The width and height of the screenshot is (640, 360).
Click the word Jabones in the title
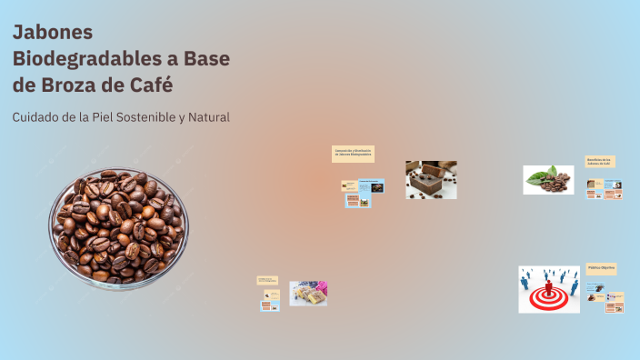click(53, 33)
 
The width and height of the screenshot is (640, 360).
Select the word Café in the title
click(147, 85)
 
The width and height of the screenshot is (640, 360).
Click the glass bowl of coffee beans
click(118, 227)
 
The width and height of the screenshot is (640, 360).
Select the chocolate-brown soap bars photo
click(431, 180)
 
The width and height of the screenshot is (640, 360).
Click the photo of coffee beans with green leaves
click(548, 180)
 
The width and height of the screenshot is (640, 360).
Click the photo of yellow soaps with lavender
click(308, 294)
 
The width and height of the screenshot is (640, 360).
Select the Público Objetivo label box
click(601, 268)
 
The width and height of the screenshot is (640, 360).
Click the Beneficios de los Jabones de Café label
click(600, 162)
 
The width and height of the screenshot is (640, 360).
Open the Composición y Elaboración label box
click(354, 154)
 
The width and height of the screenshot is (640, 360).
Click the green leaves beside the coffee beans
click(539, 173)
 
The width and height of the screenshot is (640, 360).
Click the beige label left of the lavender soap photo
click(267, 281)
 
